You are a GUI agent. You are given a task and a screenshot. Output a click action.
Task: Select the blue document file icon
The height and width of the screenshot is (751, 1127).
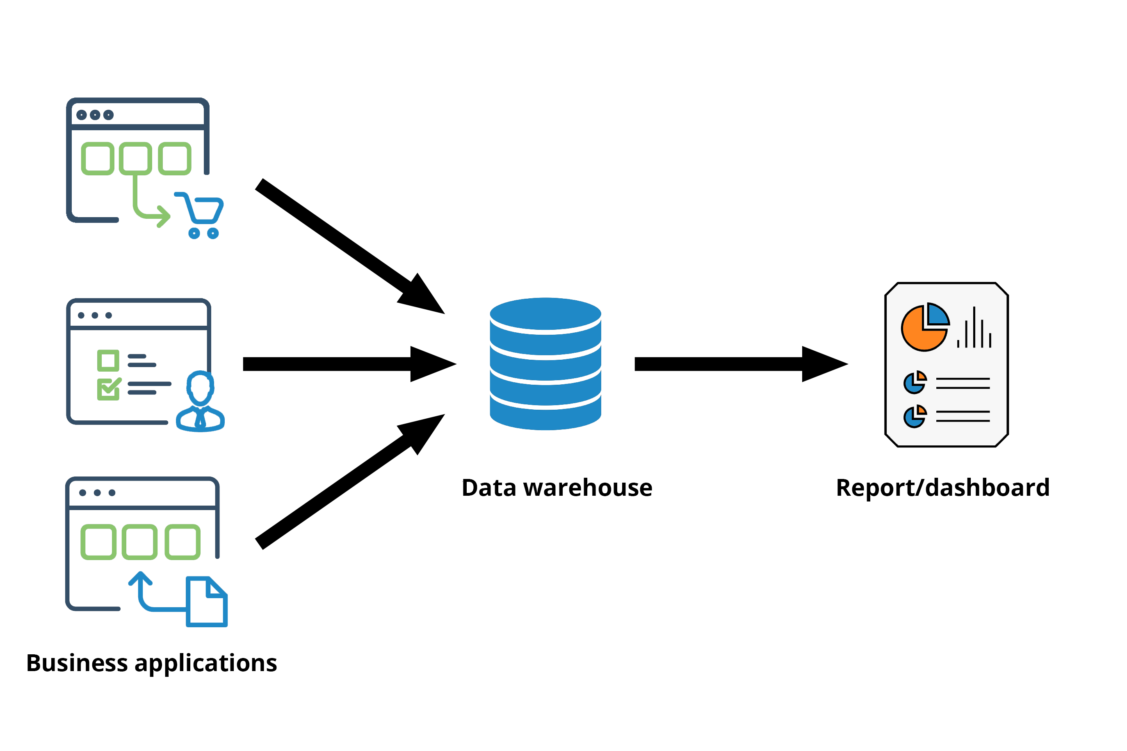207,601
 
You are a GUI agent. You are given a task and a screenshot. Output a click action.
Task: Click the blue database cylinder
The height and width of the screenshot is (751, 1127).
545,364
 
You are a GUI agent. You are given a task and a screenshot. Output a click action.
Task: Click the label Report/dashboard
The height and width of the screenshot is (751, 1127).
942,488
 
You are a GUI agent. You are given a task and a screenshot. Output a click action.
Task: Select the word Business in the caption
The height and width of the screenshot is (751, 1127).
77,663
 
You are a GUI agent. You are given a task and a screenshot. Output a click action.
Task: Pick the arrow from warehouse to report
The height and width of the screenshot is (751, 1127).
738,364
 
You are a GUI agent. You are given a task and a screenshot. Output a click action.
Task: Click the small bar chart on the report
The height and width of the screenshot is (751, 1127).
974,329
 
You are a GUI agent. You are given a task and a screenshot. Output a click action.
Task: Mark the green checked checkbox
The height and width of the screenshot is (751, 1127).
108,389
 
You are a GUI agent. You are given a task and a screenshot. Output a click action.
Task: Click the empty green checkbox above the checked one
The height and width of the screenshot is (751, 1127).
108,361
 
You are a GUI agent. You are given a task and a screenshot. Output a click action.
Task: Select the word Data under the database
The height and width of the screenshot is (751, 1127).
488,488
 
